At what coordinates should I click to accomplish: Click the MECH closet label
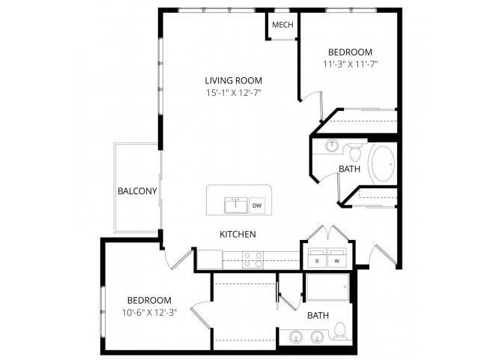coord(282,25)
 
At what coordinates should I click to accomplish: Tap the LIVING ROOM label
coord(233,80)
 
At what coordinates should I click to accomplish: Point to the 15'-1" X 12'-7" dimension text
coord(234,93)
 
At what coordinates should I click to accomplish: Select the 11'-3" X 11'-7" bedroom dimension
coord(350,64)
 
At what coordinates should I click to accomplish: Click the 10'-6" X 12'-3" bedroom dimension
coord(150,313)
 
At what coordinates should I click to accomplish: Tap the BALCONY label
coord(137,191)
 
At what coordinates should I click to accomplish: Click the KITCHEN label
coord(238,234)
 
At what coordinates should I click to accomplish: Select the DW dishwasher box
coord(257,205)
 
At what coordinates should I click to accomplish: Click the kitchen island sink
coord(235,205)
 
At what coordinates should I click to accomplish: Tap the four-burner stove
coord(253,260)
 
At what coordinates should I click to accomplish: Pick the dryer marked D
coord(317,257)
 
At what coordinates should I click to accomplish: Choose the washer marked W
coord(337,257)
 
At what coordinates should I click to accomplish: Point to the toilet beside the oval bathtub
coord(354,152)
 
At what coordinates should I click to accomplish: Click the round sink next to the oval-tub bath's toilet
coord(332,145)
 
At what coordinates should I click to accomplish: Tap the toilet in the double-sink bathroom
coord(339,331)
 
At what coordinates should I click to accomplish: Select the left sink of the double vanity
coord(297,337)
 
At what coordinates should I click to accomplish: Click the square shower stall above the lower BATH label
coord(327,287)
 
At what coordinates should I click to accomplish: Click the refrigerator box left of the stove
coord(210,259)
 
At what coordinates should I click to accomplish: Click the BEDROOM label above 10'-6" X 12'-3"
coord(149,300)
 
